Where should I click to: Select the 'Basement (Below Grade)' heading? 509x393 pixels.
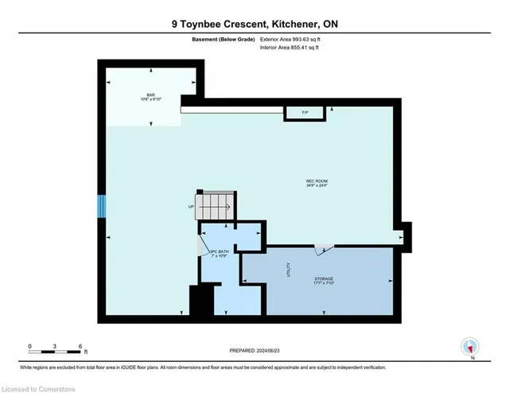coord(225,40)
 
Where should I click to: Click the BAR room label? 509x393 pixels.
coord(150,95)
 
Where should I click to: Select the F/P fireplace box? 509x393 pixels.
coord(305,113)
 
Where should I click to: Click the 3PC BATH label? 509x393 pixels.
coord(219,254)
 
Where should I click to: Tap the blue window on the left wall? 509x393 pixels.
coord(100,206)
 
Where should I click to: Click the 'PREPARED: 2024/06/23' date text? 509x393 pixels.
coord(254,350)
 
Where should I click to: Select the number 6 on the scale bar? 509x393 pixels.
coord(80,346)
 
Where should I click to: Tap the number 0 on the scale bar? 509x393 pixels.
coord(29,346)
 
